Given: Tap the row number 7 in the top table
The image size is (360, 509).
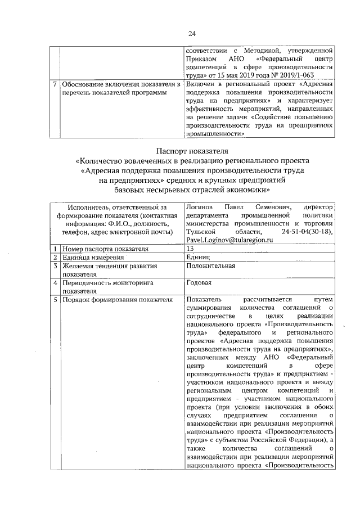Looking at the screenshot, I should click(x=55, y=84).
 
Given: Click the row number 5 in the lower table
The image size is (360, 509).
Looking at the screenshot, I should click(x=55, y=300).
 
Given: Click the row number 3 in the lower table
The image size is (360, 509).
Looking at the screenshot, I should click(x=55, y=265).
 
